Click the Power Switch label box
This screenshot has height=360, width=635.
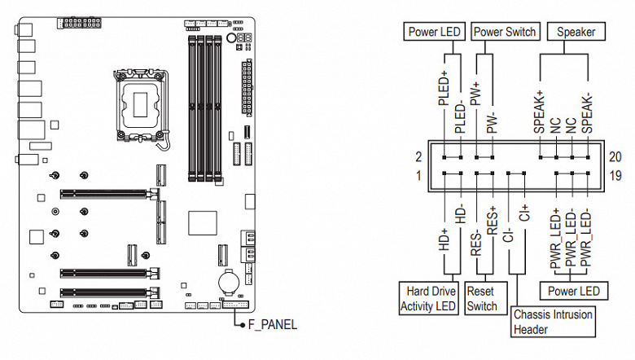click(x=505, y=32)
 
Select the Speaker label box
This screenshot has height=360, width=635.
click(x=576, y=32)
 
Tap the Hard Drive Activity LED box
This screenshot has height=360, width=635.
click(x=428, y=299)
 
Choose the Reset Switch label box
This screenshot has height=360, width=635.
click(x=482, y=299)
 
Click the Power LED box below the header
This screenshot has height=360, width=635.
click(x=573, y=291)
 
